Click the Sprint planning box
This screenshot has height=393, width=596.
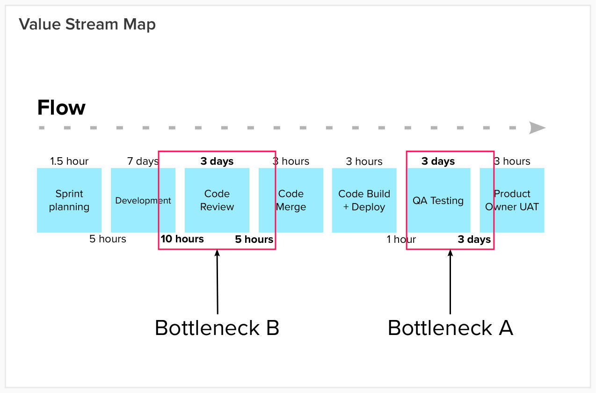69,200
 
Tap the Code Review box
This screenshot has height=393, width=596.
217,200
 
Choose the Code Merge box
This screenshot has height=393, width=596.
291,200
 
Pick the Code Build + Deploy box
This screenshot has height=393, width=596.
364,200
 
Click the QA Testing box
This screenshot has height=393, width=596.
438,200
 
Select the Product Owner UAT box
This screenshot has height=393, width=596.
512,200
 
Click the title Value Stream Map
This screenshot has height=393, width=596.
87,24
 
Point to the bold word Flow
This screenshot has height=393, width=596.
61,108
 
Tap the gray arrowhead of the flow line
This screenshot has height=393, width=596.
537,128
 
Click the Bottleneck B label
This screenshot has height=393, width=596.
217,328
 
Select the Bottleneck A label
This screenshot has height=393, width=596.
450,328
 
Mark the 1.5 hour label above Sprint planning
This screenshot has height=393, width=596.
69,161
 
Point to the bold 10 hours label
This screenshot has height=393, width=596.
182,239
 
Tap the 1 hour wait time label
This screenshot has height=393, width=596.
401,240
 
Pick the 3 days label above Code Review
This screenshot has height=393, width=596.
217,161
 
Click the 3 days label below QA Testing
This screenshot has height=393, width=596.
474,240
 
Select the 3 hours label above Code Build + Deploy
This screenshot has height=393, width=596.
364,161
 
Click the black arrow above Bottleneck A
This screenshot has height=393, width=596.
450,281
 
